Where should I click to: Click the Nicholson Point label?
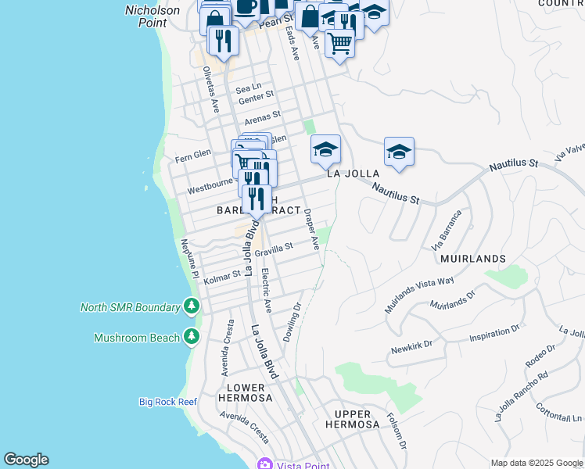coord(153,16)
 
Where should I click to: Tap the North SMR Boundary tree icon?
coord(191,306)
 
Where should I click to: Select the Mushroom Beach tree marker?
coord(191,337)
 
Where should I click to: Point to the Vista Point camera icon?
coord(265,464)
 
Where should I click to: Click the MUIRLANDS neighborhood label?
coord(473,258)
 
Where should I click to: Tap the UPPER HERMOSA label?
coord(357,418)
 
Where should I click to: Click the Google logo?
coord(26,460)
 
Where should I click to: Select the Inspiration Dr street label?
coord(493,336)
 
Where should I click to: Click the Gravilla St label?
coord(273,248)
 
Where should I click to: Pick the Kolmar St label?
coord(222,276)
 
